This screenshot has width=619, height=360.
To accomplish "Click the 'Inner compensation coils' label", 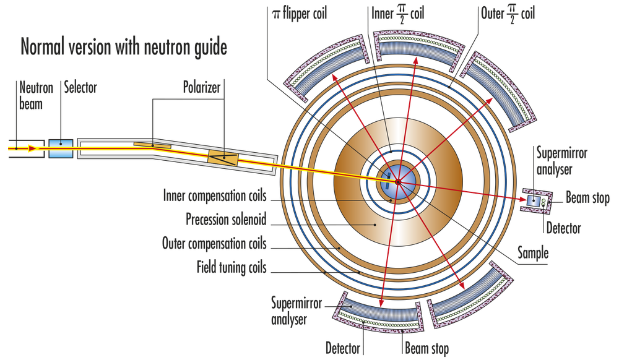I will [x=215, y=197].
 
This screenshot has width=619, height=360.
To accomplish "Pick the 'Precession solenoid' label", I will [x=226, y=220].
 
